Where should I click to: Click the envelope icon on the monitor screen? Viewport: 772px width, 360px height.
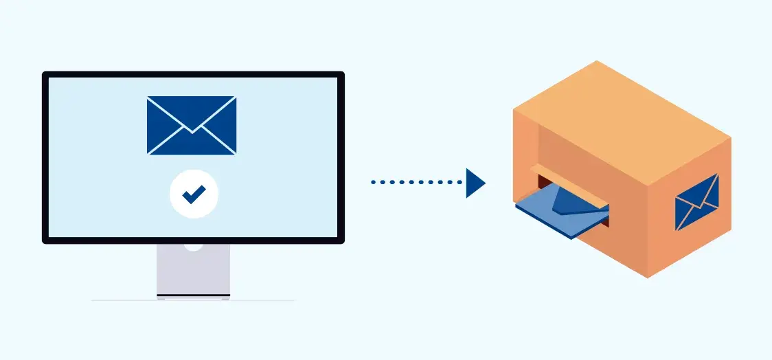pyautogui.click(x=192, y=125)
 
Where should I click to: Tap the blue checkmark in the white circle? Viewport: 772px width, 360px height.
pyautogui.click(x=194, y=195)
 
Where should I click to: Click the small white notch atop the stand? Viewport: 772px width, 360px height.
pyautogui.click(x=193, y=246)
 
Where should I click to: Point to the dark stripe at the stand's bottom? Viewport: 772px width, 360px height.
pyautogui.click(x=193, y=295)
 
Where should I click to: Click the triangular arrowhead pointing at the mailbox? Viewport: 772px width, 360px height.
pyautogui.click(x=475, y=183)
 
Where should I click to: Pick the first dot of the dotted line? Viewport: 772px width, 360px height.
pyautogui.click(x=373, y=183)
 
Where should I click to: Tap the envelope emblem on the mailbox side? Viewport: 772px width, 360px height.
pyautogui.click(x=696, y=201)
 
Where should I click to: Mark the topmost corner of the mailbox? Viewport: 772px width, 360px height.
pyautogui.click(x=597, y=61)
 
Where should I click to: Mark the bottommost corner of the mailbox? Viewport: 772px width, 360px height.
pyautogui.click(x=648, y=278)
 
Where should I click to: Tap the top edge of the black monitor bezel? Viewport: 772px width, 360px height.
pyautogui.click(x=193, y=74)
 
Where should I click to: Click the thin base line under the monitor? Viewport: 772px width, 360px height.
pyautogui.click(x=193, y=300)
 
